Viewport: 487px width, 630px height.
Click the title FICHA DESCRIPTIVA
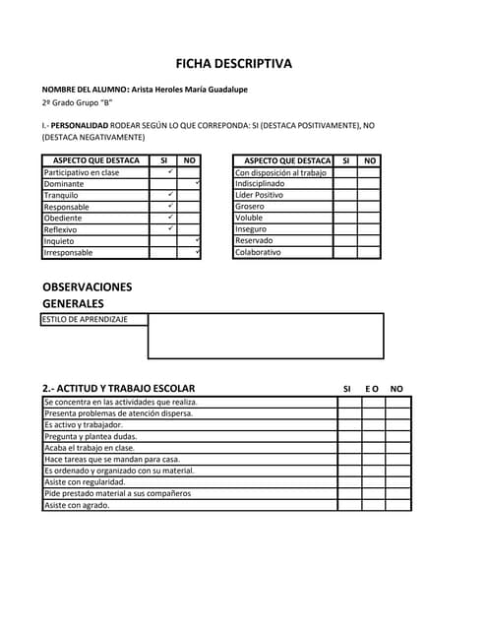pos(233,64)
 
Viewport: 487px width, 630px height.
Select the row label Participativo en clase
pos(82,172)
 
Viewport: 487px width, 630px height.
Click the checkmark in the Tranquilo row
pos(170,194)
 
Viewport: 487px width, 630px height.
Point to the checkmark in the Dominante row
pos(198,183)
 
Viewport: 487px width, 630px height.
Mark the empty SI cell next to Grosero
pos(345,207)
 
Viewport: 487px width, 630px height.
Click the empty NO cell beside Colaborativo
pos(369,252)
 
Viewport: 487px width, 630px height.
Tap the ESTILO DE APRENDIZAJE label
pos(84,319)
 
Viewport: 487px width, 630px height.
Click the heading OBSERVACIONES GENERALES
pos(87,294)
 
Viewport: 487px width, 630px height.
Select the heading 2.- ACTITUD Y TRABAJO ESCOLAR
pos(118,388)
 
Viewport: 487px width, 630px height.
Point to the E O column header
pos(372,389)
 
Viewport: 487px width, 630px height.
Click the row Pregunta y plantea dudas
pos(91,436)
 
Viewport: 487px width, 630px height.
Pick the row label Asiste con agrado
pos(77,505)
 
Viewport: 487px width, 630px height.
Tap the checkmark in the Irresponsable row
pos(198,252)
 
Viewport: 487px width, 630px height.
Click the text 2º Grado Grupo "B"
pos(78,102)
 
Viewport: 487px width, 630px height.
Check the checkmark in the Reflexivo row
pos(170,228)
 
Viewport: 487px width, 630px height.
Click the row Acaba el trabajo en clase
pos(90,448)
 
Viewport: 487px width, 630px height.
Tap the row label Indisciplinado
pos(261,184)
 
